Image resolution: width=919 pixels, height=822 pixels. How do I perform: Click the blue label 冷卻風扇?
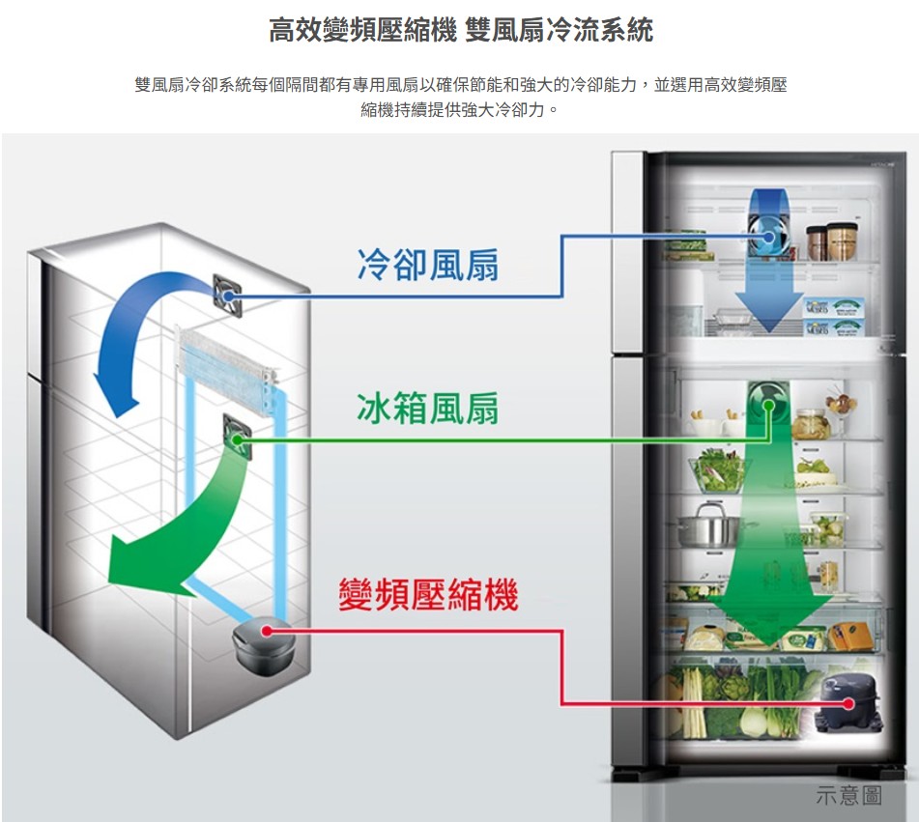pos(427,264)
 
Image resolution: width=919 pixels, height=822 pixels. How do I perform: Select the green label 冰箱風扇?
pos(427,409)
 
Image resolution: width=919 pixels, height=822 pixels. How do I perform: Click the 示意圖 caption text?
pos(848,795)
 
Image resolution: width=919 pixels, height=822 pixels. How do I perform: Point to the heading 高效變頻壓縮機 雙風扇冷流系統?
pos(460,31)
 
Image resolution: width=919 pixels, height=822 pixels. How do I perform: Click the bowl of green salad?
pos(718,470)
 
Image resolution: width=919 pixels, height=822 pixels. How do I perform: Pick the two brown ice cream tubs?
pos(832,241)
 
